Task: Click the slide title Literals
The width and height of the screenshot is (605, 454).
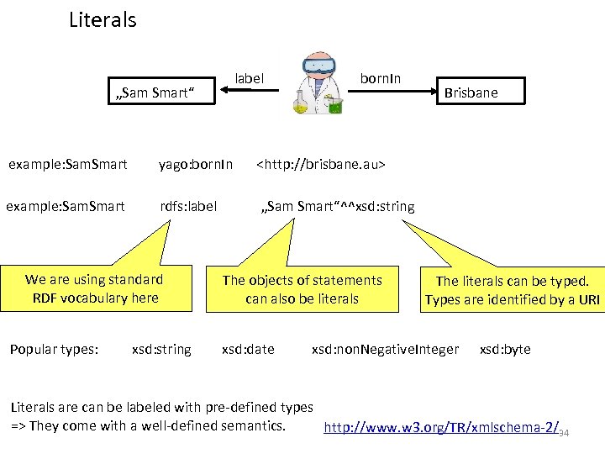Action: coord(102,20)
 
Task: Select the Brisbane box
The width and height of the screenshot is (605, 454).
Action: coord(471,92)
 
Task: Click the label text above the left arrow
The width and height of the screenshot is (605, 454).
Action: coord(249,78)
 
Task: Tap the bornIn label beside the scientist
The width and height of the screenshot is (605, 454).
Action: coord(380,78)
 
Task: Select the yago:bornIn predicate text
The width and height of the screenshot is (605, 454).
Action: coord(196,164)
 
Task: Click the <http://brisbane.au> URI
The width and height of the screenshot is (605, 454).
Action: coord(320,164)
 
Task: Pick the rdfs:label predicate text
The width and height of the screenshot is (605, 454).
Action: coord(188,206)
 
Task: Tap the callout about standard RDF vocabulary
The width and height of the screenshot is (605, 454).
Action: coord(94,288)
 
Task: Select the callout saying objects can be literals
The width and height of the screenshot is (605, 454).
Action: coord(302,288)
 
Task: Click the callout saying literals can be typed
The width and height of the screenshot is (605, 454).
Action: coord(512,290)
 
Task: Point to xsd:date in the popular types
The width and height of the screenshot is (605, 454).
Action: coord(247,349)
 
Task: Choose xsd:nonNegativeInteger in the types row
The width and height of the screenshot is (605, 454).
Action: coord(385,349)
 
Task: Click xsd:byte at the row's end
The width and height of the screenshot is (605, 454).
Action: coord(504,349)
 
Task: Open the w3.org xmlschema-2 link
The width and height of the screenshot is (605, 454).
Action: coord(442,427)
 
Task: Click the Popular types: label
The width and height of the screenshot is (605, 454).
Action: coord(54,349)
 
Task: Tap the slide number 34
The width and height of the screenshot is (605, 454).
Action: coord(564,433)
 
